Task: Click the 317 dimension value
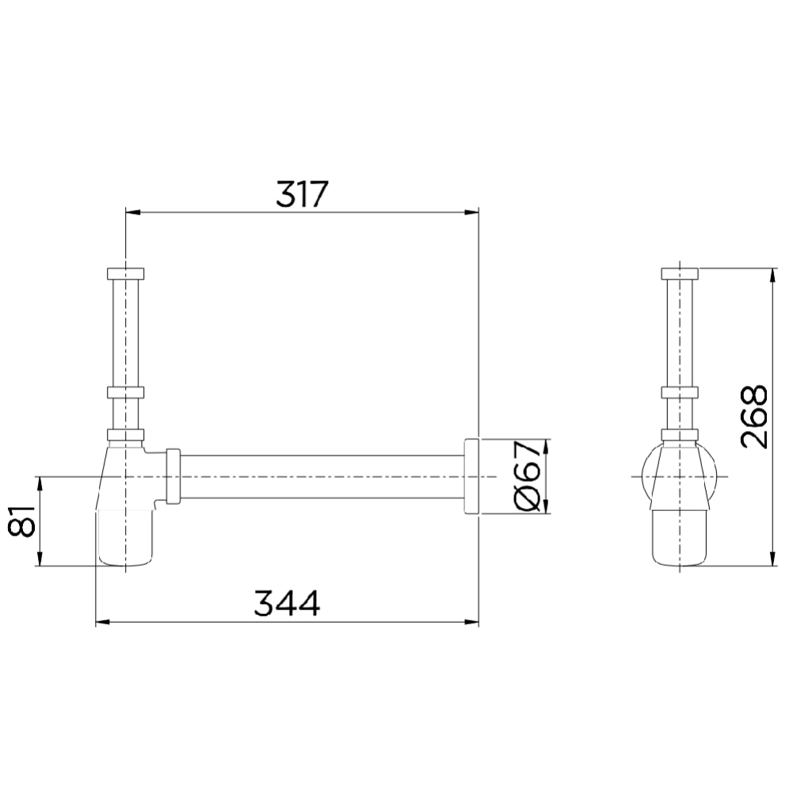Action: (302, 193)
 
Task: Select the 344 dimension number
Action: (287, 603)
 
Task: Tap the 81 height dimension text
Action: (21, 521)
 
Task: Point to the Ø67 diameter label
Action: (527, 476)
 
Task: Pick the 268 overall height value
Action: (753, 417)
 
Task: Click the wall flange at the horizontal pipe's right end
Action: (471, 476)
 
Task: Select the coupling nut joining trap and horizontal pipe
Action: (173, 476)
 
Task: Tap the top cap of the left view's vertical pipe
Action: (126, 273)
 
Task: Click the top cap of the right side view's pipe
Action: (680, 273)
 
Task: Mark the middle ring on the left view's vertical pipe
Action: (126, 392)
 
